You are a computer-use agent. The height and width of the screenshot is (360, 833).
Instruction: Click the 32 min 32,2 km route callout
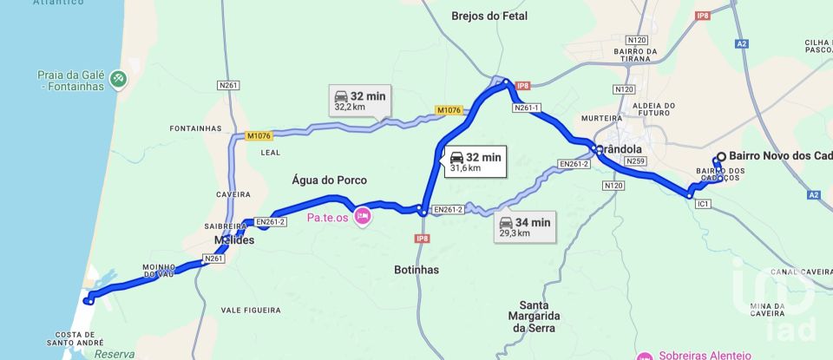[x=359, y=101]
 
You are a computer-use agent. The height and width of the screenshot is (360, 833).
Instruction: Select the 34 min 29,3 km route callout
[x=525, y=227]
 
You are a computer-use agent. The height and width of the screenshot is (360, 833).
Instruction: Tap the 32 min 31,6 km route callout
[x=474, y=161]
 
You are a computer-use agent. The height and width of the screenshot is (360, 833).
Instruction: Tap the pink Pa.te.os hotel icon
[x=362, y=217]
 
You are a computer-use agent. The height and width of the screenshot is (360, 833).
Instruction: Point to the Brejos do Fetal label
[x=489, y=16]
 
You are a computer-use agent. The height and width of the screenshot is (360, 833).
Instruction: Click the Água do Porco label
[x=330, y=180]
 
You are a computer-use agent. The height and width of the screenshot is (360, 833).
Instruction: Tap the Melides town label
[x=234, y=240]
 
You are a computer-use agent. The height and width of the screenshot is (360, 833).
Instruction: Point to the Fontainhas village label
[x=196, y=128]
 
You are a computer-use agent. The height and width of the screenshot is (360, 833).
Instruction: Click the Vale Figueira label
[x=251, y=310]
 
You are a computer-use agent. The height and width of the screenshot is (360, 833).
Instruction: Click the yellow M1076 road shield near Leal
[x=259, y=135]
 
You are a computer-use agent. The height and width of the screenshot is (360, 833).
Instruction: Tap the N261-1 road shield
[x=527, y=108]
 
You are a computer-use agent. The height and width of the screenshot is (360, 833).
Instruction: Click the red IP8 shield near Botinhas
[x=423, y=239]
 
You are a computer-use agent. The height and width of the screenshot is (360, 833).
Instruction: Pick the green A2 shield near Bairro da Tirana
[x=741, y=43]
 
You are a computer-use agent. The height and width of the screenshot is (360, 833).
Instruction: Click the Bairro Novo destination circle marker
[x=718, y=158]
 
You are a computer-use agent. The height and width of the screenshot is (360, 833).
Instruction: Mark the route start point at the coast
[x=89, y=301]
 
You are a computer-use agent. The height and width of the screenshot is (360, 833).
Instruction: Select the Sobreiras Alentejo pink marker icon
[x=645, y=356]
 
